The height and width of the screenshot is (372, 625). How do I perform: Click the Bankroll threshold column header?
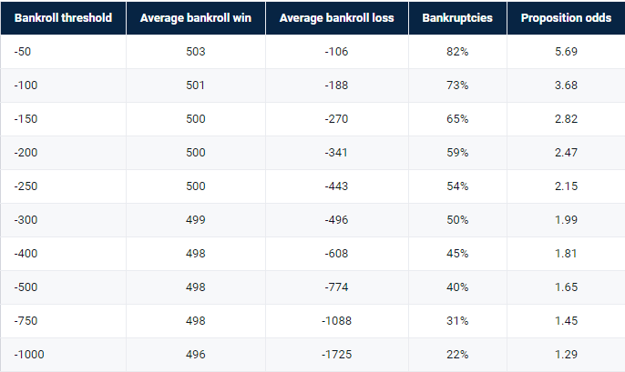(x=63, y=18)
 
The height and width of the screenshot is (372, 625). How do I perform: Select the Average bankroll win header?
(x=196, y=18)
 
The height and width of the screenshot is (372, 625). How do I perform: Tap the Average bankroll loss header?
(x=336, y=18)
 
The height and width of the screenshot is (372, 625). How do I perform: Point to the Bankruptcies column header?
(x=457, y=18)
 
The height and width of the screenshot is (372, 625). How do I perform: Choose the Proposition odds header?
(x=566, y=18)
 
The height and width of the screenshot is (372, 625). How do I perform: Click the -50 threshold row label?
(x=22, y=51)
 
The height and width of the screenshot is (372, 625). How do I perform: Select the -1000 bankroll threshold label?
(x=29, y=355)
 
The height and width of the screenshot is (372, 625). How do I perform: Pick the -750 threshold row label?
(x=26, y=321)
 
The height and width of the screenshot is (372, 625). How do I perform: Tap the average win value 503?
(x=196, y=51)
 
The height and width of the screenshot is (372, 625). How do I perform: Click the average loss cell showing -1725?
(x=336, y=355)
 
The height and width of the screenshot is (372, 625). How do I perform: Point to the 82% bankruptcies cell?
(x=457, y=51)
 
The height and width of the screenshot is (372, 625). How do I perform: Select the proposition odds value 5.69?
(x=566, y=51)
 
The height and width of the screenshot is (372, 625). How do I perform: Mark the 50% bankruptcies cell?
(x=457, y=219)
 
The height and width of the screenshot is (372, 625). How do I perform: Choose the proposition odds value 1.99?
(x=566, y=219)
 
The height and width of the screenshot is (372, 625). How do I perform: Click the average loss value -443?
(x=336, y=186)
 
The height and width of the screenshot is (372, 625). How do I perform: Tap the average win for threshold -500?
(x=196, y=287)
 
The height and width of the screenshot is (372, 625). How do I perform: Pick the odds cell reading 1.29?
(x=566, y=355)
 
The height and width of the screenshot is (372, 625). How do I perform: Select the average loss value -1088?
(x=336, y=321)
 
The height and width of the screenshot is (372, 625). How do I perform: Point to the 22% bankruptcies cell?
(x=457, y=355)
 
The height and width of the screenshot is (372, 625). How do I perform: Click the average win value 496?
(x=196, y=355)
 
